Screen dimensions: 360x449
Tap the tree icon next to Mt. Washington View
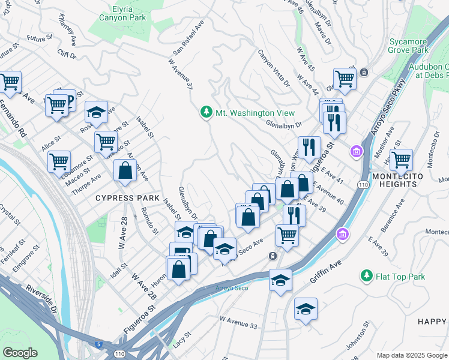(206, 113)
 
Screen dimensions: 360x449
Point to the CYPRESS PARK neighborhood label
(128, 198)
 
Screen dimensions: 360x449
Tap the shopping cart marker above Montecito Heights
(401, 160)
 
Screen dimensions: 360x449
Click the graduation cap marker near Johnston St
(306, 309)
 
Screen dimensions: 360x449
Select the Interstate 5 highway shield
(98, 344)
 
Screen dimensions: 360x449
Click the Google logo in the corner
(20, 353)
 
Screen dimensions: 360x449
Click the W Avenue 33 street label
(239, 322)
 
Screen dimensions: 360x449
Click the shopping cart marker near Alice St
(59, 161)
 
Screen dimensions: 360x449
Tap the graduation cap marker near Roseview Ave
(96, 112)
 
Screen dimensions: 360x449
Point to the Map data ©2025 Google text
(411, 355)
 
